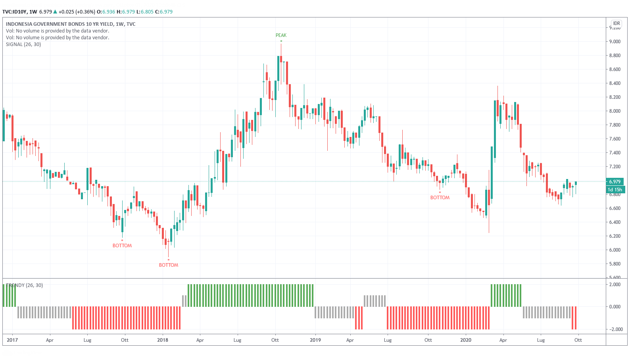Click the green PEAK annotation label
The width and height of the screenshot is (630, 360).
tap(281, 35)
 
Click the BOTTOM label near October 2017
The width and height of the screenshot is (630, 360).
tap(122, 246)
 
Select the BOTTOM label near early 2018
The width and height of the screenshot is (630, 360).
tap(169, 265)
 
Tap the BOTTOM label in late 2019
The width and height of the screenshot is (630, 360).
tap(440, 198)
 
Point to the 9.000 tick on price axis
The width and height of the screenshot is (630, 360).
tap(615, 42)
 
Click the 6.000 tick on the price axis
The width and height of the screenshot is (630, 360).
tap(615, 250)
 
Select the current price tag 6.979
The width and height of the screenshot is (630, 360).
tap(615, 182)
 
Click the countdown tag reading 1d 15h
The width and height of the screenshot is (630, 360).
tap(615, 190)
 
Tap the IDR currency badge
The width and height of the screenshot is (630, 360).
tap(617, 23)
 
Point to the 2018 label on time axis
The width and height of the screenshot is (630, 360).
tap(163, 340)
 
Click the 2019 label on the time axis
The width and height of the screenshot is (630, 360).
tap(315, 340)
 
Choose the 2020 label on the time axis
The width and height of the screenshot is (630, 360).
tap(466, 340)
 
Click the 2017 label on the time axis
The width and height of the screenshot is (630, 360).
tap(12, 340)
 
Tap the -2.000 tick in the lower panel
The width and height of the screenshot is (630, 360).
tap(615, 329)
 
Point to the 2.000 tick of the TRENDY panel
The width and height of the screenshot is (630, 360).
tap(615, 285)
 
